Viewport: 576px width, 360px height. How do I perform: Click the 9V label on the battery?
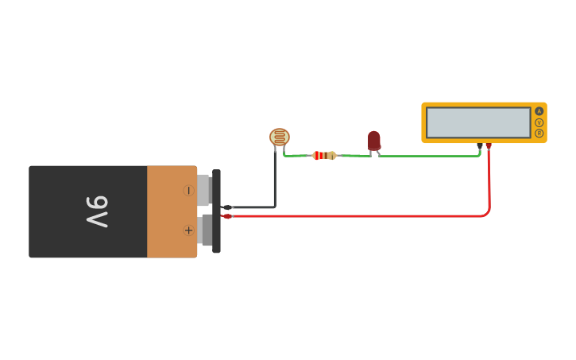pos(96,211)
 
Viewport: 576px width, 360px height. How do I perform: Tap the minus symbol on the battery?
pos(188,191)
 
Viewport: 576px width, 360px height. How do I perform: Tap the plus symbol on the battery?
pos(188,230)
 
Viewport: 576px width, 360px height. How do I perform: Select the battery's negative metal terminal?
pos(203,191)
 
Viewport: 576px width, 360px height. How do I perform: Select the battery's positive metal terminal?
pos(206,230)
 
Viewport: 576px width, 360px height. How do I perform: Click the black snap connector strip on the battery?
pos(216,211)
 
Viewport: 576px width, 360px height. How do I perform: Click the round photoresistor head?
pos(280,137)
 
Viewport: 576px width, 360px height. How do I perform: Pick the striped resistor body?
pos(323,155)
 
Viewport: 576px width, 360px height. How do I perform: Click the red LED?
pos(373,140)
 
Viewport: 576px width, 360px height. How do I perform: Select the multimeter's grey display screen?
pos(477,122)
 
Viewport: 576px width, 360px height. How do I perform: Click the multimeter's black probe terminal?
pos(480,145)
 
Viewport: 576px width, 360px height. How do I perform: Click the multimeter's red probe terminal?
pos(489,145)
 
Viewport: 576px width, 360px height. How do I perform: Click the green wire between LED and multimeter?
pos(429,156)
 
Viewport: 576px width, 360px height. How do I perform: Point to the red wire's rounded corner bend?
pos(487,212)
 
